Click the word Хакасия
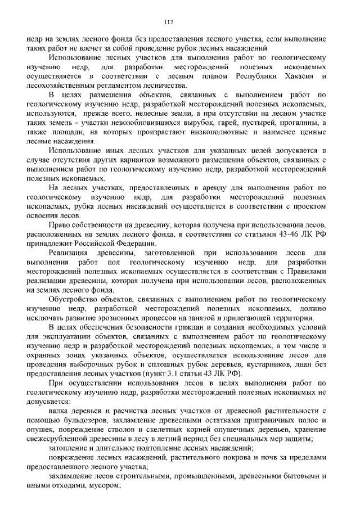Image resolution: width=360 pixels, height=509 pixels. pyautogui.click(x=303, y=76)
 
